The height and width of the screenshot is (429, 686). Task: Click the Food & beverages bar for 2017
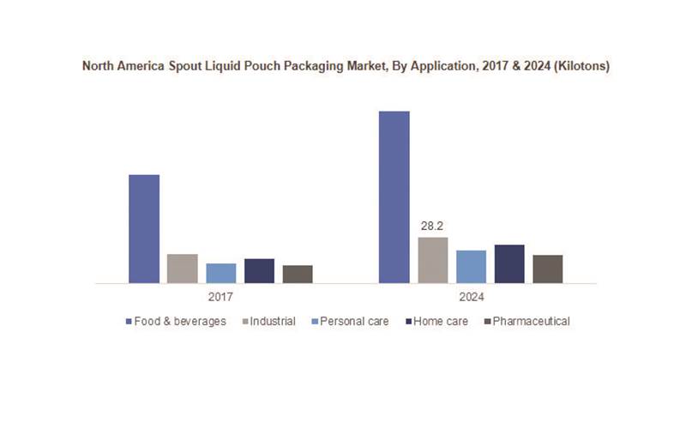[x=144, y=228]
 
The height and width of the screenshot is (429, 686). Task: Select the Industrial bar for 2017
[x=182, y=269]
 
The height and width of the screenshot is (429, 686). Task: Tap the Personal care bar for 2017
[x=220, y=273]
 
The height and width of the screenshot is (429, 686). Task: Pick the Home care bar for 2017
[x=259, y=270]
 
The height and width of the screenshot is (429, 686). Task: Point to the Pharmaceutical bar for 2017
[x=298, y=274]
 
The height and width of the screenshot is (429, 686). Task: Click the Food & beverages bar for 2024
[x=394, y=196]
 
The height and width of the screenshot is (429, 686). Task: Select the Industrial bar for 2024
[x=432, y=260]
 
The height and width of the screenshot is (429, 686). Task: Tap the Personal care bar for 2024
[x=471, y=266]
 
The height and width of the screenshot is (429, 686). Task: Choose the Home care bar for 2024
[x=509, y=263]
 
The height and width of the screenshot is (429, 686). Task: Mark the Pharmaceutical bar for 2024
[x=548, y=269]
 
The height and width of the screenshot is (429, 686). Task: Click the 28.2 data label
[x=431, y=227]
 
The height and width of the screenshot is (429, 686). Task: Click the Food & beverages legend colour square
[x=128, y=322]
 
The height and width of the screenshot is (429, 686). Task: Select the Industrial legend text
[x=274, y=322]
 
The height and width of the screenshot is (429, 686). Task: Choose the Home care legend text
[x=441, y=322]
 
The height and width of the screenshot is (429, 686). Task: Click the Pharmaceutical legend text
[x=532, y=322]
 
